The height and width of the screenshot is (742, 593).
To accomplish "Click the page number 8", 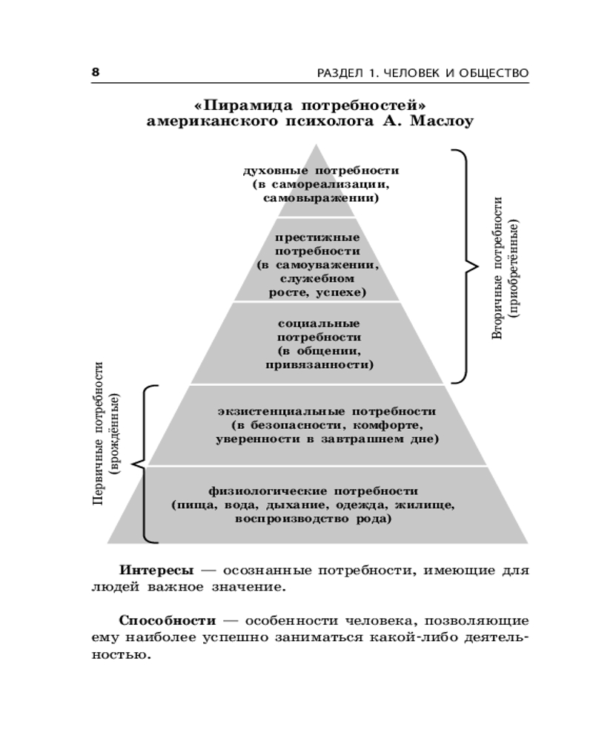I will (x=95, y=72).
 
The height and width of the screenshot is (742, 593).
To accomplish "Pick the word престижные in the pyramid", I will (x=317, y=237).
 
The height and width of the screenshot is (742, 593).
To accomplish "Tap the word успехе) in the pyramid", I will (x=341, y=292).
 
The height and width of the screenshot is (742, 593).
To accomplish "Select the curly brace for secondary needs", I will (x=464, y=266).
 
